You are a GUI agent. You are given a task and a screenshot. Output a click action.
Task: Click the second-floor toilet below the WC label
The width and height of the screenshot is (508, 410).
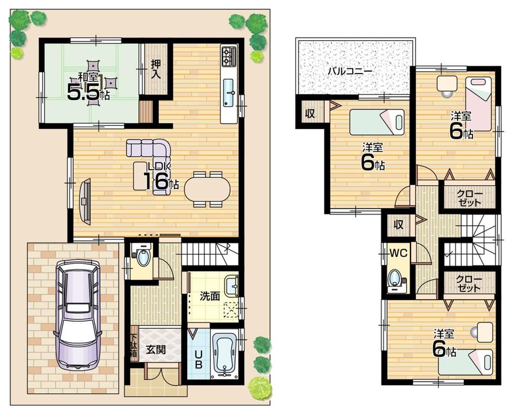(x=395, y=280)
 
